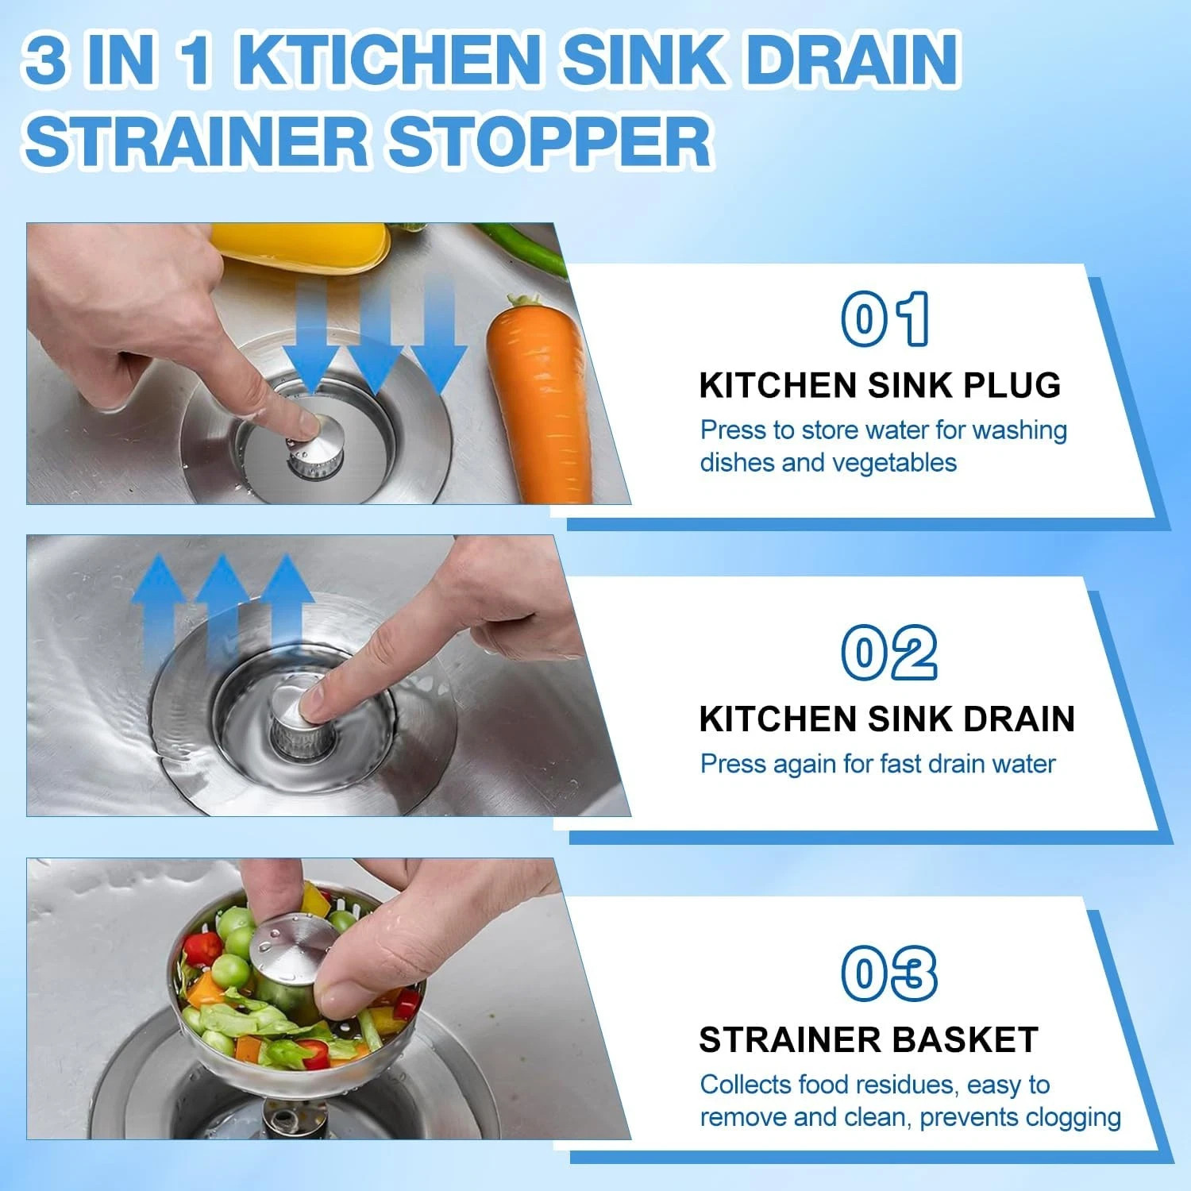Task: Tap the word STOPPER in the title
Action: (549, 141)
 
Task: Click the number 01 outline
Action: (885, 318)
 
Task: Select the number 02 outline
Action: (889, 652)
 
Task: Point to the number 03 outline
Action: (889, 973)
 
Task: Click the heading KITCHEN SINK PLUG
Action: (880, 385)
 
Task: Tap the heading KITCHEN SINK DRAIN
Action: (887, 719)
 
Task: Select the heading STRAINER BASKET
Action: (869, 1040)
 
